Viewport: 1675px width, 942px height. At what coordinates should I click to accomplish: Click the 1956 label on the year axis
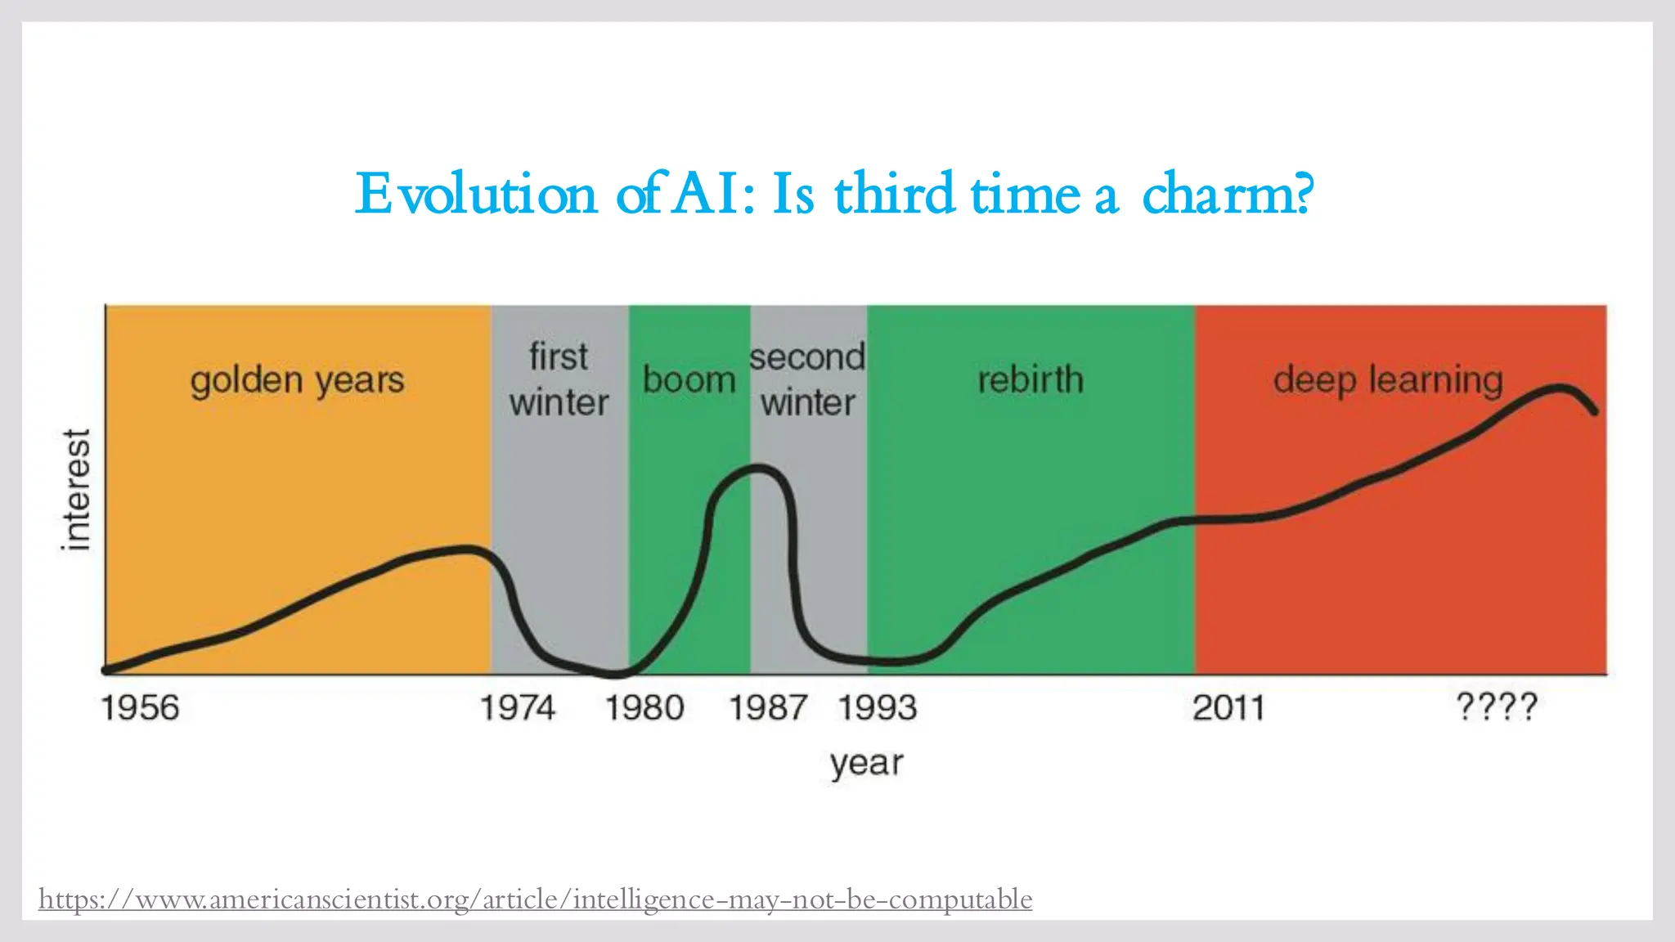click(139, 708)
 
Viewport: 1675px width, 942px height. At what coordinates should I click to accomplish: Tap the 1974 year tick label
click(517, 708)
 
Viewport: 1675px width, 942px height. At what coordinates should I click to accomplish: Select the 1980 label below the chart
click(644, 708)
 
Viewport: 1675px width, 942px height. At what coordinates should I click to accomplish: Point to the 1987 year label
click(768, 708)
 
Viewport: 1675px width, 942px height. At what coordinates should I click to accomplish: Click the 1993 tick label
click(878, 708)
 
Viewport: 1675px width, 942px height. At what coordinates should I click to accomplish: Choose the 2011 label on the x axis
click(1228, 708)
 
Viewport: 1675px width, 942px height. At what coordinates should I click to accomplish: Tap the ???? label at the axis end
click(1497, 706)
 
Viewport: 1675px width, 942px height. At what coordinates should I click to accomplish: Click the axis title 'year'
click(866, 764)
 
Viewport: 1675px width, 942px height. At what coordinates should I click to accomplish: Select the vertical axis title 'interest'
click(76, 489)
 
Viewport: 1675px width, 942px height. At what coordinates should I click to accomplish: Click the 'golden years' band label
click(297, 381)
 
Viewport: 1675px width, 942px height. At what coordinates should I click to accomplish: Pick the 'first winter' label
click(559, 379)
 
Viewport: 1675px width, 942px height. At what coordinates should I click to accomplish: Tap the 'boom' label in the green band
click(689, 380)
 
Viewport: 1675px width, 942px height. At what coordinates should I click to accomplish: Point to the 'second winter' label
click(807, 379)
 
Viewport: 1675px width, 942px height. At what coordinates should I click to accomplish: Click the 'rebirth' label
click(1031, 380)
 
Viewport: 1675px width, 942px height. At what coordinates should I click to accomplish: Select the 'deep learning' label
click(1388, 381)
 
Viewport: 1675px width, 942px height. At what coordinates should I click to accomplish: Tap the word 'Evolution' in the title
click(476, 195)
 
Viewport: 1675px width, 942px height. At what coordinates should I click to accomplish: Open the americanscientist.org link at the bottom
click(535, 899)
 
